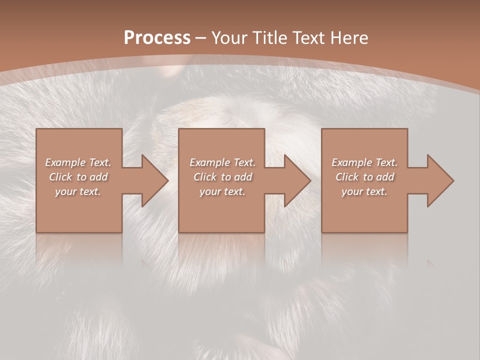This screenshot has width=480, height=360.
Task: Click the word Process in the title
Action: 157,38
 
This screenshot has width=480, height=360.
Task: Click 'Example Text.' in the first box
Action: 78,162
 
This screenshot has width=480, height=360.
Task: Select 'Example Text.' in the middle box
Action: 222,162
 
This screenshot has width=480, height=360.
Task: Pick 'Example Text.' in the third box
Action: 364,162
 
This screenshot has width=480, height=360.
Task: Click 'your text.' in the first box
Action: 78,191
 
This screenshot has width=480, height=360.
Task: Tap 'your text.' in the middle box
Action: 222,191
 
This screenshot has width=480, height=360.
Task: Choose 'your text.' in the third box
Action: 364,191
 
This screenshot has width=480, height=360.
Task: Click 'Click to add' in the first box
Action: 78,177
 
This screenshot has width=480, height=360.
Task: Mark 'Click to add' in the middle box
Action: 222,177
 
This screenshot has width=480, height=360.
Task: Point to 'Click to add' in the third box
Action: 364,177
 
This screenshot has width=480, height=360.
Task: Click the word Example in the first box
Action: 65,162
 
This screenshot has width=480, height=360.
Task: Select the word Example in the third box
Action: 351,162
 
